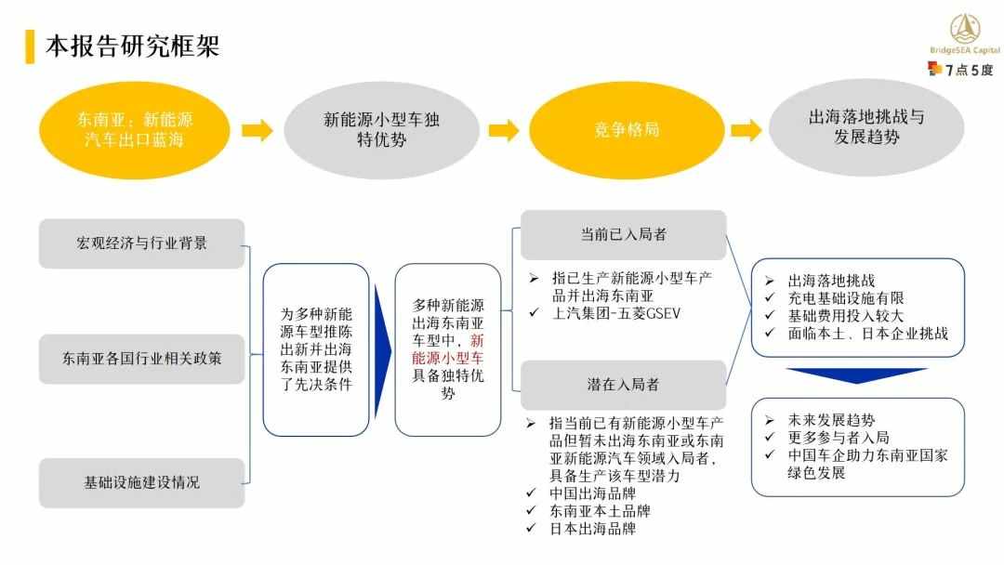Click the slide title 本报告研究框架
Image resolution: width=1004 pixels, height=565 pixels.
(x=133, y=46)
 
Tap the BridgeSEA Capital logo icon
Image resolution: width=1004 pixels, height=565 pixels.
(x=964, y=29)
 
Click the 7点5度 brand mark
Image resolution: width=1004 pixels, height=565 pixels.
(x=959, y=69)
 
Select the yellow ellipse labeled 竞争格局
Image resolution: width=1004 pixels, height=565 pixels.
(x=627, y=130)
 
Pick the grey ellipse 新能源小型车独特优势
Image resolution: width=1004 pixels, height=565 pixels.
(x=382, y=130)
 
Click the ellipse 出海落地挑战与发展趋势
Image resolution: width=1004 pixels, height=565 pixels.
(x=866, y=127)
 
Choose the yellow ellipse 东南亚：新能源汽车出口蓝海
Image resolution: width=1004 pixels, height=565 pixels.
(x=135, y=130)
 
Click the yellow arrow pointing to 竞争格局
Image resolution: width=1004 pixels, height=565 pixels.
(x=504, y=130)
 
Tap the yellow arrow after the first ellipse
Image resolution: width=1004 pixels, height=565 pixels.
(x=258, y=130)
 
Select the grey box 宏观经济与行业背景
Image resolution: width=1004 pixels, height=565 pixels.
(x=141, y=243)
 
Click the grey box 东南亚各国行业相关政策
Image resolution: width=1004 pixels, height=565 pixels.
(x=141, y=359)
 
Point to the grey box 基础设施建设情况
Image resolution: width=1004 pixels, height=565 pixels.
(x=141, y=482)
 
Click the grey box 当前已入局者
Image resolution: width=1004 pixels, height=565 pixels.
(x=624, y=235)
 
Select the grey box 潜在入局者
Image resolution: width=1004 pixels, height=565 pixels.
(x=624, y=385)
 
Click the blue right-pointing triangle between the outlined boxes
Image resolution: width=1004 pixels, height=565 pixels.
(x=382, y=350)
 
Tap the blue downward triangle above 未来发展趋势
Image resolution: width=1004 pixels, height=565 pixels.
(x=857, y=375)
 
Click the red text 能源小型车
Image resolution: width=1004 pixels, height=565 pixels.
(x=447, y=359)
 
